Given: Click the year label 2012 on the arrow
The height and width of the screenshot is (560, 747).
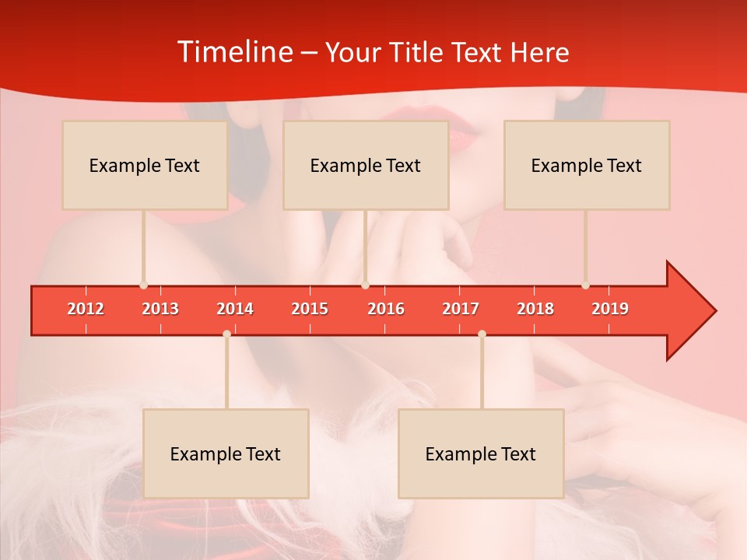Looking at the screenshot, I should (86, 309).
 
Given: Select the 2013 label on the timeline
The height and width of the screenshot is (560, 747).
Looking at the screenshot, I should (160, 309).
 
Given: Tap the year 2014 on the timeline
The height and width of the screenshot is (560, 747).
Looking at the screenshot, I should (235, 309).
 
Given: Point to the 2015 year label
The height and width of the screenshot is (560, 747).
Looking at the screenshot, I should (310, 309).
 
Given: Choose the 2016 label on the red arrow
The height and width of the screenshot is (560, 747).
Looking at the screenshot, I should (386, 309).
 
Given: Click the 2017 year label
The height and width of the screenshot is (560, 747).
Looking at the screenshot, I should (461, 309).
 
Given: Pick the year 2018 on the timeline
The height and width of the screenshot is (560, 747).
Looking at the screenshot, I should (535, 309).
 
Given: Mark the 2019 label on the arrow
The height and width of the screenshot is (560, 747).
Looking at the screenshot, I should (610, 309).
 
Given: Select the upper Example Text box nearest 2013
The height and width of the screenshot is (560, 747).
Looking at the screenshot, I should (145, 166).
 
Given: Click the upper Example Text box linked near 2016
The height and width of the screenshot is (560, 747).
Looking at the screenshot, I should (366, 166).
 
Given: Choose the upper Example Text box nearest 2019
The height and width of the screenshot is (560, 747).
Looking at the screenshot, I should (587, 166).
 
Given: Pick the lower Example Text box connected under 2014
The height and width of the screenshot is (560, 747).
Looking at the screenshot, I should (226, 454).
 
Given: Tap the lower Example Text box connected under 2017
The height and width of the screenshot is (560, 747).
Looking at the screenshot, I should (481, 454).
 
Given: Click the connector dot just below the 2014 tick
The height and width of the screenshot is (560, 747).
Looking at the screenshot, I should (226, 334).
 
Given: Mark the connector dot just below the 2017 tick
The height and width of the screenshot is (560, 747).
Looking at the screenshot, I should (482, 334).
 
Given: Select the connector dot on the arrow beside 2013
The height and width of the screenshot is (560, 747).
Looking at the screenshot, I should (143, 285).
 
